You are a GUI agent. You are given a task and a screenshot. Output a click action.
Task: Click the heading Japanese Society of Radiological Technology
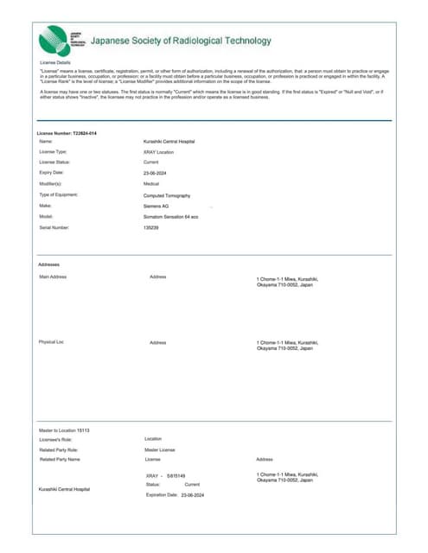tap(181, 41)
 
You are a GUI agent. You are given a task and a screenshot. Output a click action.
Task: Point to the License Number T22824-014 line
tap(67, 133)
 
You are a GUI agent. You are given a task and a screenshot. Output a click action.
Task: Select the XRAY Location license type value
tap(158, 151)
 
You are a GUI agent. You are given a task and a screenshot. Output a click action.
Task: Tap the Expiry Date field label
tap(52, 173)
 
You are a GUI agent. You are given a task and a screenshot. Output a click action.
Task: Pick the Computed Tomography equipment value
tap(167, 195)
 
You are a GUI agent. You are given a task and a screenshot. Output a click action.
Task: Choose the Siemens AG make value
tap(156, 207)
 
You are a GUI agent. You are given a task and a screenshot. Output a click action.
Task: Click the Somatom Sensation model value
tap(170, 217)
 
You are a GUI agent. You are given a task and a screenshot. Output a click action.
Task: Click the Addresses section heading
tap(49, 264)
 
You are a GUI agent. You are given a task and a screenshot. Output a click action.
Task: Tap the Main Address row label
tap(53, 276)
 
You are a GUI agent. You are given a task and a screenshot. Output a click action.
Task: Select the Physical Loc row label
tap(52, 342)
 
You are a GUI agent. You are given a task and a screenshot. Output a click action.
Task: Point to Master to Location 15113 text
tap(64, 429)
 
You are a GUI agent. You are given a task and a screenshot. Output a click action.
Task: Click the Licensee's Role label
tap(57, 440)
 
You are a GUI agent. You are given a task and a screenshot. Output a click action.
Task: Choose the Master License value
tap(159, 450)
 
